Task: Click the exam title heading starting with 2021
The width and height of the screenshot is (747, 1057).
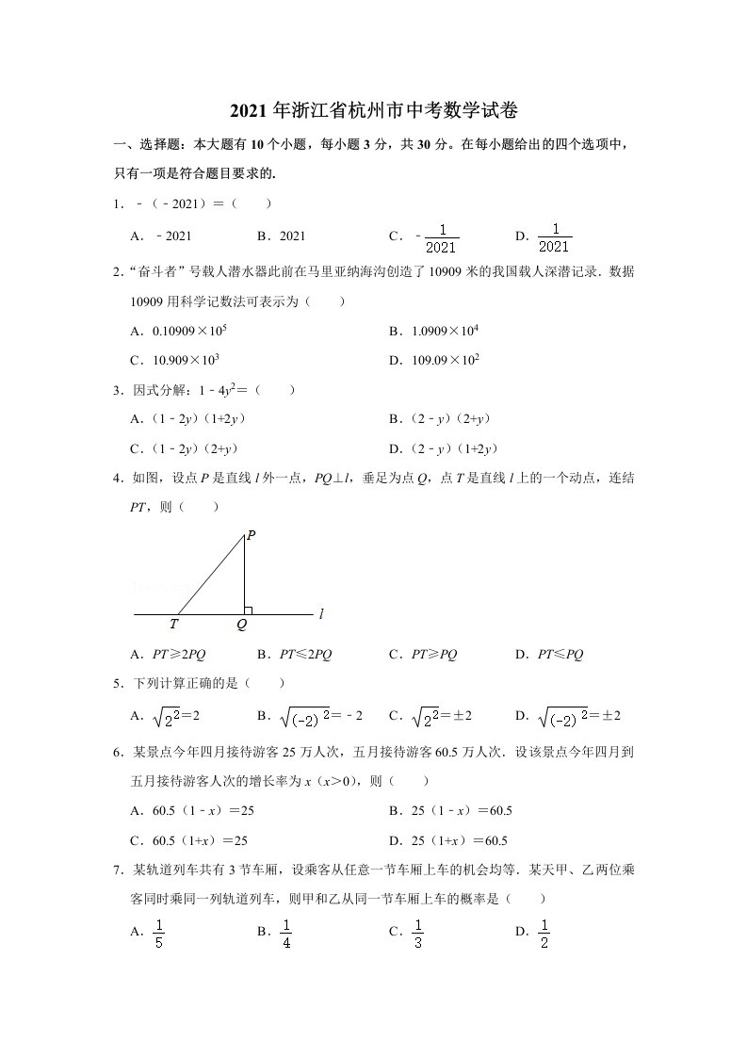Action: click(x=374, y=111)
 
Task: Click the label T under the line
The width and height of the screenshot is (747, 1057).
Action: click(x=174, y=624)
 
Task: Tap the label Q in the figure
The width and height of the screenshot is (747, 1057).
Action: click(x=242, y=624)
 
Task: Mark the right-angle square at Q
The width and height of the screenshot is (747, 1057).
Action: click(x=248, y=610)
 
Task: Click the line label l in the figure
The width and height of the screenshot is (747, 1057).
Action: click(x=321, y=613)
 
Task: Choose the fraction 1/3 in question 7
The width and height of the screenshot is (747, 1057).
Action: click(x=417, y=933)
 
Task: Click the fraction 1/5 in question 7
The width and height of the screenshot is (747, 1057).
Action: click(x=159, y=933)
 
